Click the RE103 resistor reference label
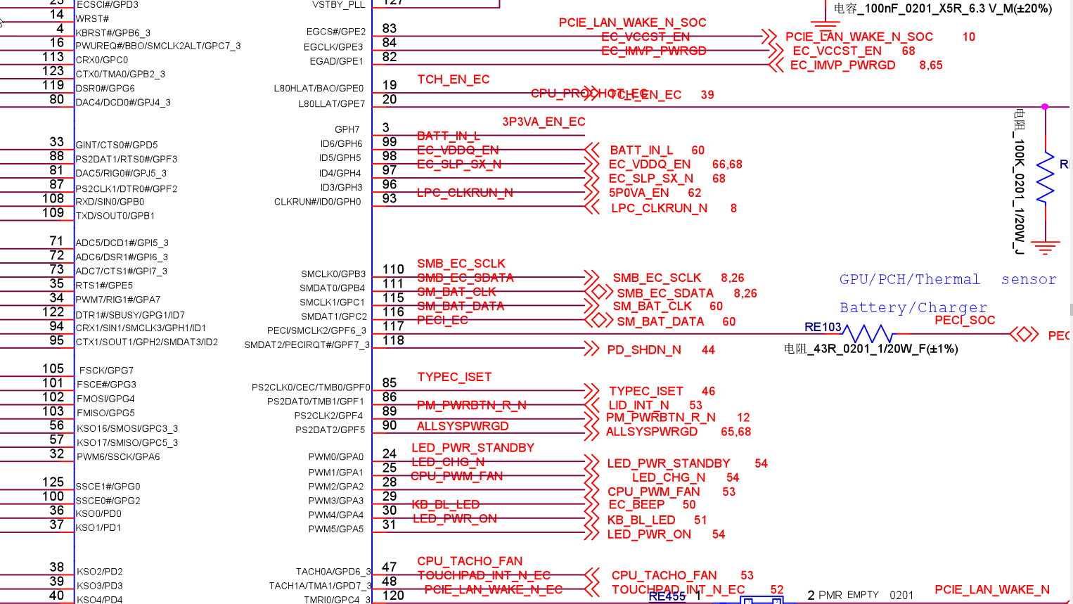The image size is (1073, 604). coord(823,327)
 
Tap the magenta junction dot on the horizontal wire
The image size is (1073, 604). coord(1045,107)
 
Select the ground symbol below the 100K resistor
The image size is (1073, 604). coord(1046,248)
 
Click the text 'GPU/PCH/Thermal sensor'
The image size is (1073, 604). coord(947,279)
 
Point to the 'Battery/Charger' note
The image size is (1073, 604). coord(913,307)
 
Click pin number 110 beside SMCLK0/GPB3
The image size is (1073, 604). coord(393,269)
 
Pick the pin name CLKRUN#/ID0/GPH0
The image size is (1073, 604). coord(317,202)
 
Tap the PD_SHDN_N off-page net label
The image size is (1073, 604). coord(643,349)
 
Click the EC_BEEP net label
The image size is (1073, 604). coord(636,505)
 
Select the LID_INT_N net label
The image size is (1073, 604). coord(638,405)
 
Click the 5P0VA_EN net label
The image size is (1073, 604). coord(638,193)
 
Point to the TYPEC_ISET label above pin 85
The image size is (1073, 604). coord(454,377)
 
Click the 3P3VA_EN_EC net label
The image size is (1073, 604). coord(544,122)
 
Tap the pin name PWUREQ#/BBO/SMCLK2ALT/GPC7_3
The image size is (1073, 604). coord(158,46)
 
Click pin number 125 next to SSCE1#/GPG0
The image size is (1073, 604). coord(53,482)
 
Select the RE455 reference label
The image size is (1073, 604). coord(667,596)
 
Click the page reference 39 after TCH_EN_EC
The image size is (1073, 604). coord(707,94)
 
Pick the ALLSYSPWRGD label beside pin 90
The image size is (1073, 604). coord(463,426)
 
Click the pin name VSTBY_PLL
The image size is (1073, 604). coord(338,5)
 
